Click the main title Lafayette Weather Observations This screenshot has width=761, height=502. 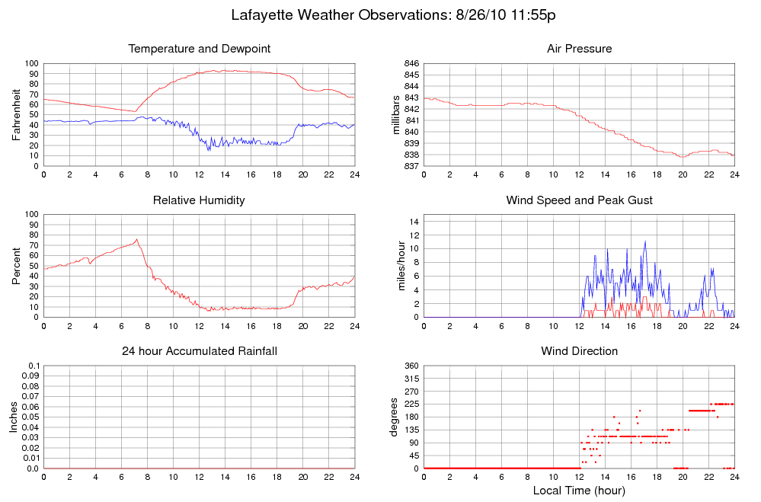tap(397, 15)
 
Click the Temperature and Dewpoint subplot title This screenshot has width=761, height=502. tap(200, 49)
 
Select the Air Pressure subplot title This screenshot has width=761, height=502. tap(579, 49)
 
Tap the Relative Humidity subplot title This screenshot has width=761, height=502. tap(200, 200)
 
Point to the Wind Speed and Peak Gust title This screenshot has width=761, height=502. tap(579, 200)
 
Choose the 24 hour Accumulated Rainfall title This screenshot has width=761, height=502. tap(200, 351)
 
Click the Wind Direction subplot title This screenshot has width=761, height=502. tap(579, 351)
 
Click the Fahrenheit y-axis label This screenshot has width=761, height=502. tap(17, 114)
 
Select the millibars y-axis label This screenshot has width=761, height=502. tap(396, 114)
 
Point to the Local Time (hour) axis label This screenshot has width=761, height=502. tap(579, 490)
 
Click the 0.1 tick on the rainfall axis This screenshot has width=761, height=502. tap(34, 366)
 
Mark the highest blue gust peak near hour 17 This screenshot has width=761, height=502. tap(645, 241)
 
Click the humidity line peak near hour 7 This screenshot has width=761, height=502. tap(137, 239)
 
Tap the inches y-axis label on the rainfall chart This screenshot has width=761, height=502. tap(14, 417)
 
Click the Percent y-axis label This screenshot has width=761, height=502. tap(17, 266)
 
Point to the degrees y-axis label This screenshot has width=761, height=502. tap(394, 417)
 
